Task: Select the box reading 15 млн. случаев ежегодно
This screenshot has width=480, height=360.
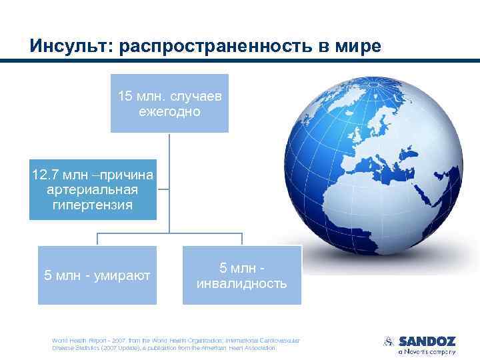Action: click(x=169, y=103)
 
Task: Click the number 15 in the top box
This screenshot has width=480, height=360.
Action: click(x=125, y=96)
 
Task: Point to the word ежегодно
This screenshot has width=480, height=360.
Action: click(x=169, y=111)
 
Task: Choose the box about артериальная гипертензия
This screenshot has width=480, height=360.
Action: click(x=93, y=190)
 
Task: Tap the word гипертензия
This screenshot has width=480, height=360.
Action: click(x=93, y=205)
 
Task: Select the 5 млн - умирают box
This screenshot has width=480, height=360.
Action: click(x=97, y=275)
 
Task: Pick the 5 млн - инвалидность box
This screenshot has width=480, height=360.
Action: click(x=241, y=275)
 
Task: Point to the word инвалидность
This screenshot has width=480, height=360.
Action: click(x=241, y=283)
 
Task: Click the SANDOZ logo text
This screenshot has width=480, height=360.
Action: click(x=427, y=341)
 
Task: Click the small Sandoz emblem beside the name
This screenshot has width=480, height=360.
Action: click(x=389, y=341)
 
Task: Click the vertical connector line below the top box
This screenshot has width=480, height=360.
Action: click(x=169, y=180)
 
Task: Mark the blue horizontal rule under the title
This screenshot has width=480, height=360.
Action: click(x=240, y=61)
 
